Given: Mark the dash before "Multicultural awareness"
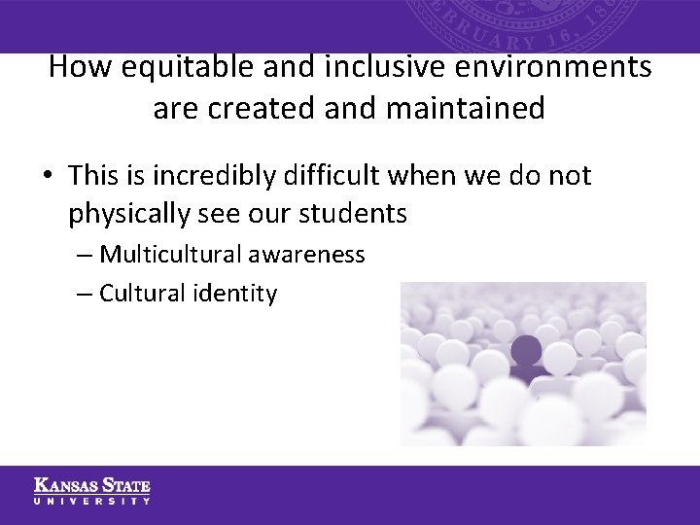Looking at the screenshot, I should pyautogui.click(x=84, y=255).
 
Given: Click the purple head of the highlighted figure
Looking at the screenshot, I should pyautogui.click(x=526, y=349).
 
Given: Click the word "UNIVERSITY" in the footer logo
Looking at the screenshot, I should pyautogui.click(x=92, y=501).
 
